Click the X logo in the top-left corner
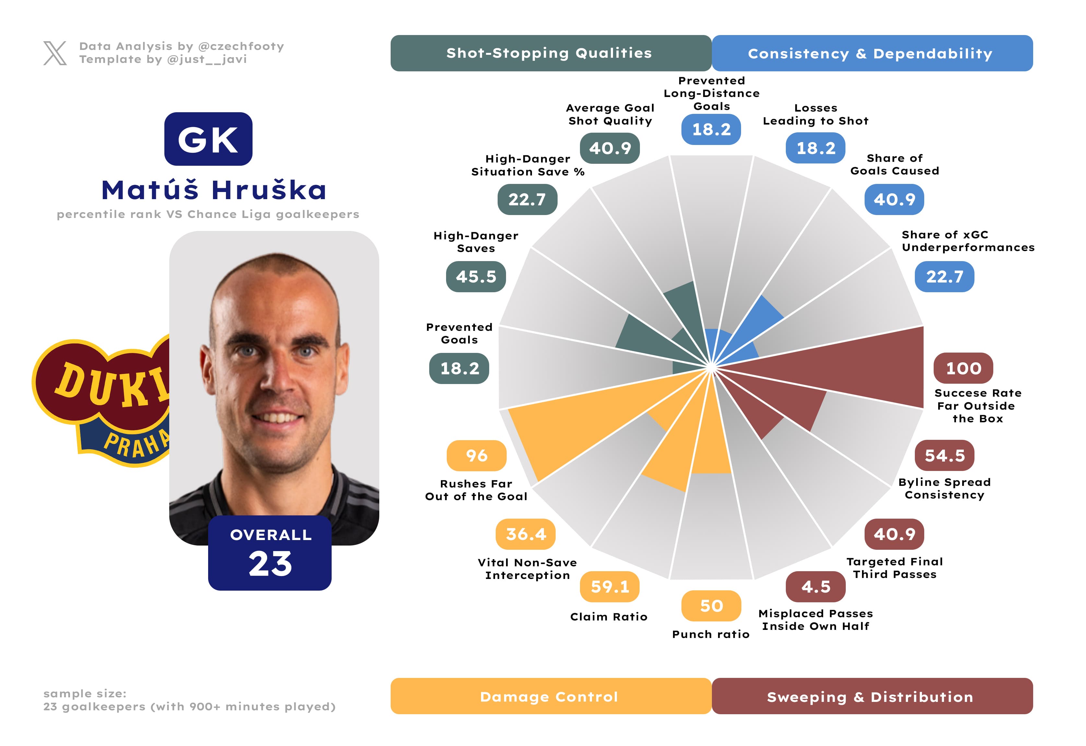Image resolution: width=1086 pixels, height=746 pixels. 55,53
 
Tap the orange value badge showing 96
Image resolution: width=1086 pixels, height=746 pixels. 476,455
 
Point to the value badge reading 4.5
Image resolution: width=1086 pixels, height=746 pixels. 815,587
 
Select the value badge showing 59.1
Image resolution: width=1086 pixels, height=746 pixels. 609,587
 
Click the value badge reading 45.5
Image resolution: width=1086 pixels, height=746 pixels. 476,277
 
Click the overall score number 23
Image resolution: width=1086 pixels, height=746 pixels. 270,564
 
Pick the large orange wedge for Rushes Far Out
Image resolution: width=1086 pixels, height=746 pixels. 584,430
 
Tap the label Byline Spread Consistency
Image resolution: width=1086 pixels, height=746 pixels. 944,488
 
